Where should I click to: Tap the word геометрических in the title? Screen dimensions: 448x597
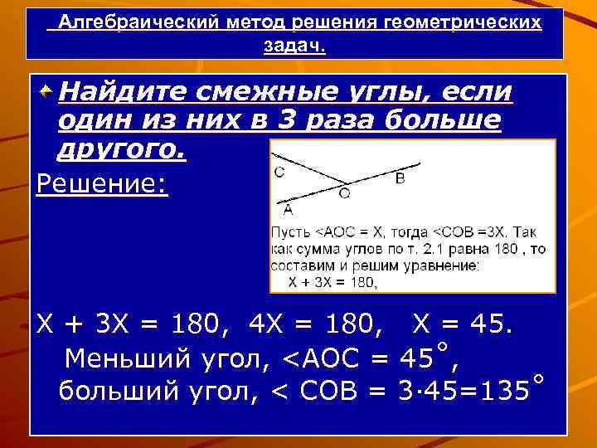[x=464, y=22]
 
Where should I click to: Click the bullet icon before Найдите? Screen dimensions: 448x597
[x=46, y=89]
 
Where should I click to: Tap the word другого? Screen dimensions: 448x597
[x=122, y=151]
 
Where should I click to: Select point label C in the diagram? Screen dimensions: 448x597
[x=279, y=173]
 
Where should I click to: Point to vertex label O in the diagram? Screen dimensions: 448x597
[x=344, y=194]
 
